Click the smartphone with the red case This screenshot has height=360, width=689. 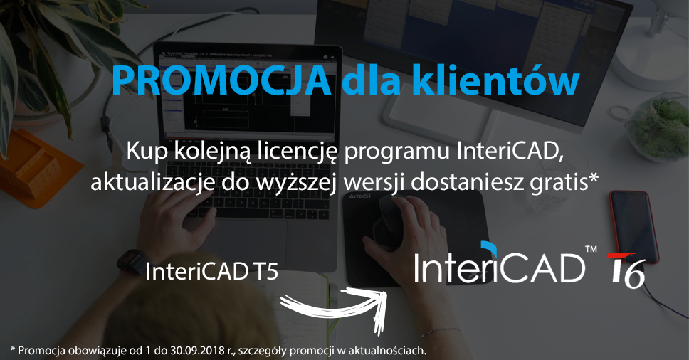click(633, 226)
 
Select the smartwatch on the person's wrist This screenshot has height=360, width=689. click(132, 261)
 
